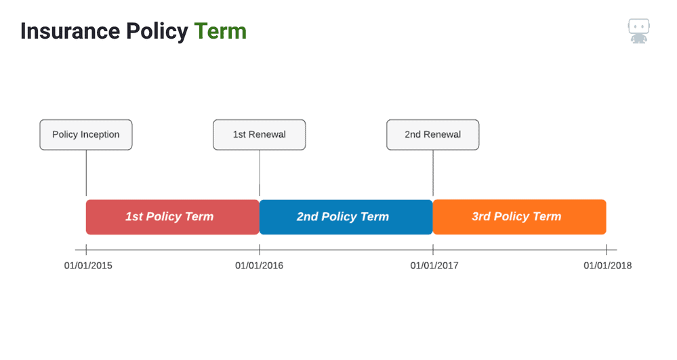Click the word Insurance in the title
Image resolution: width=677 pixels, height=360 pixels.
pos(70,31)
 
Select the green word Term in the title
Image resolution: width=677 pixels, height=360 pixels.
pos(220,31)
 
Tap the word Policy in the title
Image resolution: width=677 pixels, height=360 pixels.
pos(157,32)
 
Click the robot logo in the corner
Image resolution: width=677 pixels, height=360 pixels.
pos(638,31)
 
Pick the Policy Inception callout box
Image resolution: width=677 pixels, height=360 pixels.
pos(86,135)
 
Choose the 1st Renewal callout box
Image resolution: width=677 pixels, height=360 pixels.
pos(260,135)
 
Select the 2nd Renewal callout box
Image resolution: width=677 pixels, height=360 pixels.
pos(432,135)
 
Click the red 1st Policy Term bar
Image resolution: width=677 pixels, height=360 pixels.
pos(173,217)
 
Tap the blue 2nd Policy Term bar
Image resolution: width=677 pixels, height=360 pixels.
pos(346,217)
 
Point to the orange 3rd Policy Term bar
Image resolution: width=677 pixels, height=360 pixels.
pos(519,217)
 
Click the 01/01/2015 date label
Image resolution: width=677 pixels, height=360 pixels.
pos(88,265)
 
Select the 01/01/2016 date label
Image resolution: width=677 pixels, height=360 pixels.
pos(259,265)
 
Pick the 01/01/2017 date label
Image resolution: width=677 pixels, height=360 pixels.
pos(434,265)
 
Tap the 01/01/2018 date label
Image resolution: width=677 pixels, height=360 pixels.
pos(607,265)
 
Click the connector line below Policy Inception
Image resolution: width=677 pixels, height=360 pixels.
pos(86,173)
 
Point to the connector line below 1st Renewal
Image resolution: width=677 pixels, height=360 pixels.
pos(260,173)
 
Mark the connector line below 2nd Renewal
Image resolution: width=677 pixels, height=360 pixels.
pos(433,173)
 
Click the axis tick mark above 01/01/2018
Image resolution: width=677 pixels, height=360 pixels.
pos(607,249)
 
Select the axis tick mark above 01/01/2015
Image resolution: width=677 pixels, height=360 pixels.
pos(86,249)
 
